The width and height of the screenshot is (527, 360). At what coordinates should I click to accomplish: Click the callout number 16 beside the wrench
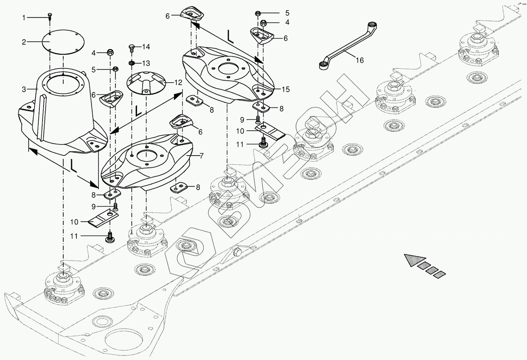359,60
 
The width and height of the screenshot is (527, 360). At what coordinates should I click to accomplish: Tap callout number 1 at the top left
24,18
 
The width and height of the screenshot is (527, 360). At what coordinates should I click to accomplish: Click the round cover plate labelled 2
64,42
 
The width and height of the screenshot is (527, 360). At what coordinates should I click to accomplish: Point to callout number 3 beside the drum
24,90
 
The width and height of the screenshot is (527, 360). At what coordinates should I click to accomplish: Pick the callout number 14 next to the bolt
146,47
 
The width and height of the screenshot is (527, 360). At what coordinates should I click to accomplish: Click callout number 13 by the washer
146,63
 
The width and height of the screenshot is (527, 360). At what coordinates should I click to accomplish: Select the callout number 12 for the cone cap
178,83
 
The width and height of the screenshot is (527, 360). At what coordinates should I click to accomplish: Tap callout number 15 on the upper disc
286,90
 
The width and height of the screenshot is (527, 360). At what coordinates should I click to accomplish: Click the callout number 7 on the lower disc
201,156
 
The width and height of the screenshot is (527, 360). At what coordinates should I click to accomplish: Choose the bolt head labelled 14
132,47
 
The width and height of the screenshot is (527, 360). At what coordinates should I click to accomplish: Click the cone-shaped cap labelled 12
145,83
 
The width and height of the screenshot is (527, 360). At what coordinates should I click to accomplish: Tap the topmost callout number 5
287,13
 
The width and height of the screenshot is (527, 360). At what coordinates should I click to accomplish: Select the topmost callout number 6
168,16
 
